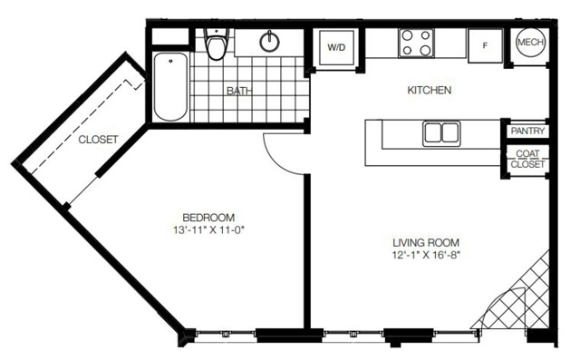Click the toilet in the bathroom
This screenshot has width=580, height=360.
click(x=217, y=44)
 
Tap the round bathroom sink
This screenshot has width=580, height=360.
click(x=270, y=42)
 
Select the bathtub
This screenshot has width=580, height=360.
click(x=170, y=87)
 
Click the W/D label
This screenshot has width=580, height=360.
click(x=336, y=47)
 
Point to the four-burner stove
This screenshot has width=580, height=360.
click(x=417, y=43)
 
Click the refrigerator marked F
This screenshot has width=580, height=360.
click(x=486, y=45)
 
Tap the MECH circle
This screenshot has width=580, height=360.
click(x=531, y=43)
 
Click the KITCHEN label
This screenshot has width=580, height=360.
click(x=429, y=90)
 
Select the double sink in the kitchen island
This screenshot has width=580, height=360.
click(x=441, y=133)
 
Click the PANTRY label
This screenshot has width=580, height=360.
click(x=527, y=131)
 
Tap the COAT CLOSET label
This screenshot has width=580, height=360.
click(x=527, y=159)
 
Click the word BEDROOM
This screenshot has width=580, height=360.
click(x=208, y=218)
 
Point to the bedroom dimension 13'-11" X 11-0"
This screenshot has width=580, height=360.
click(x=209, y=230)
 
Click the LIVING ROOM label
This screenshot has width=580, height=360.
click(x=426, y=243)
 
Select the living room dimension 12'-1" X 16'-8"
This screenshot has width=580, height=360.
click(x=426, y=255)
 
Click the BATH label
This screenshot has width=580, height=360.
click(x=239, y=91)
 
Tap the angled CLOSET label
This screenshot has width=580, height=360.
click(x=98, y=140)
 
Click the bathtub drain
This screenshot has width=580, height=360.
click(x=170, y=61)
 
